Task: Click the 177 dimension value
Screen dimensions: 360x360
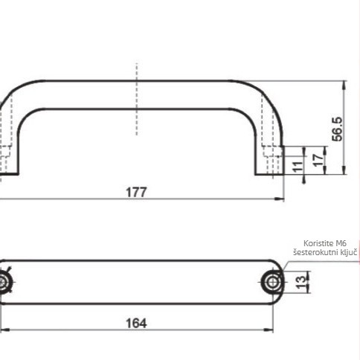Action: pyautogui.click(x=136, y=192)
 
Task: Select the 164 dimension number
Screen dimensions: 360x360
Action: pyautogui.click(x=136, y=324)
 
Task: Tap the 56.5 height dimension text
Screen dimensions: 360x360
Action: pyautogui.click(x=337, y=129)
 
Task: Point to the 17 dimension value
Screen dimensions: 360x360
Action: pyautogui.click(x=318, y=160)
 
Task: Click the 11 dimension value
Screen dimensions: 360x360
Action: pyautogui.click(x=298, y=166)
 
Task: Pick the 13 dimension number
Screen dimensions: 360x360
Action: pyautogui.click(x=301, y=283)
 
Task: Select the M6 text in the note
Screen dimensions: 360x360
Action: pyautogui.click(x=341, y=243)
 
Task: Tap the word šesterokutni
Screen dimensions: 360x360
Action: pyautogui.click(x=315, y=252)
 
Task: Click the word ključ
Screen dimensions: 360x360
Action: pyautogui.click(x=348, y=252)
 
